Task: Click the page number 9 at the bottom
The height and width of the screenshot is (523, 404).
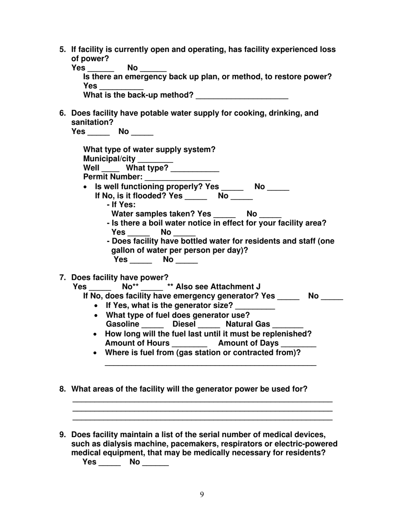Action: click(202, 494)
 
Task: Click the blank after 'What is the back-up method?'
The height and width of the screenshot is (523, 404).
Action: click(242, 96)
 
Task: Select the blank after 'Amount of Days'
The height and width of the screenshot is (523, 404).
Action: click(299, 344)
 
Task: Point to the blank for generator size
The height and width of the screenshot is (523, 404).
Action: click(255, 307)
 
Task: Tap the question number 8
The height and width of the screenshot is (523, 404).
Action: click(63, 389)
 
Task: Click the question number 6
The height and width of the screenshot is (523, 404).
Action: click(63, 113)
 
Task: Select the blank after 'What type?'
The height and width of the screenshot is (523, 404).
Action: click(195, 169)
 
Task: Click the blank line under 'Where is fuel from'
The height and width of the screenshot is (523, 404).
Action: click(210, 364)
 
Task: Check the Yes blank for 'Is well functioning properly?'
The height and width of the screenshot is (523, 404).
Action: click(233, 188)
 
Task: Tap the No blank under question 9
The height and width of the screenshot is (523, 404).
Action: click(155, 463)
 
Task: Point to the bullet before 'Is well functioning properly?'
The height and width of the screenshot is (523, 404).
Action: click(86, 187)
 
